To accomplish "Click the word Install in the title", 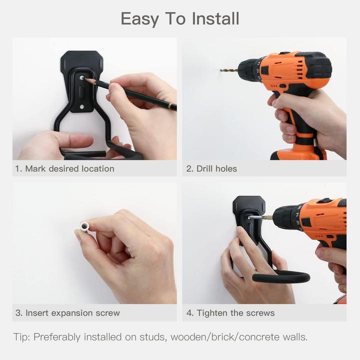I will (x=216, y=19).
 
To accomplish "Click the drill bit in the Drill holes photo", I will (x=229, y=70).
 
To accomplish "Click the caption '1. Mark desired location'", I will (x=64, y=169).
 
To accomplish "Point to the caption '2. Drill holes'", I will (x=211, y=169).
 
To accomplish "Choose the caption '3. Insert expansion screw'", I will (x=67, y=313).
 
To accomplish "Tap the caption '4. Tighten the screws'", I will (x=230, y=313).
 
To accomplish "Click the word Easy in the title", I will (x=140, y=19).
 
